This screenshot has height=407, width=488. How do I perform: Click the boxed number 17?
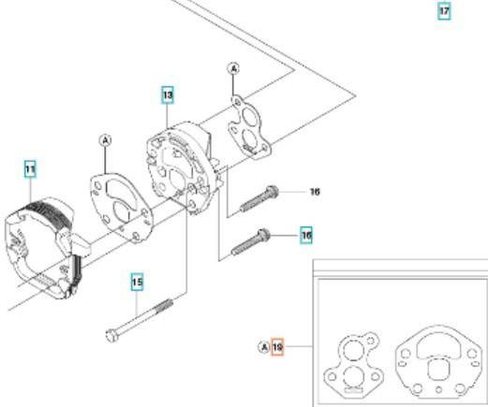click(x=444, y=11)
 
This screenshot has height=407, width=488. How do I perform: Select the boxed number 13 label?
click(x=168, y=94)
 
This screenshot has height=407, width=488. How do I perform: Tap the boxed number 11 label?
click(x=30, y=169)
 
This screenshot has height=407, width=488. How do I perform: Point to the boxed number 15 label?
click(x=137, y=282)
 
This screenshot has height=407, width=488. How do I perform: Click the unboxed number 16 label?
click(x=315, y=192)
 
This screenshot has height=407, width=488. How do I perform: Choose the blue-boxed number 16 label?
click(x=306, y=236)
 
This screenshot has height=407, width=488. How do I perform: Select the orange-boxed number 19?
click(x=277, y=347)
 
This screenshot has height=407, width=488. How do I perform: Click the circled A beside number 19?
click(x=264, y=347)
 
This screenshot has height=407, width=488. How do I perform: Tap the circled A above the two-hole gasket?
click(x=233, y=68)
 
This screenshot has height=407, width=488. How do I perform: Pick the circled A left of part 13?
click(x=106, y=140)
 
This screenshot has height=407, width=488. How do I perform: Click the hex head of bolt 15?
click(x=112, y=336)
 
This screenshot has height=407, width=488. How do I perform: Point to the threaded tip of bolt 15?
click(x=168, y=302)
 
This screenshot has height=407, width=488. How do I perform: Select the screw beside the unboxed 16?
click(x=259, y=199)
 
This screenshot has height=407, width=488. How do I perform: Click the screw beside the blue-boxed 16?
click(x=250, y=242)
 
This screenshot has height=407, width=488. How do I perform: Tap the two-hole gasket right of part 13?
click(x=249, y=125)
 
